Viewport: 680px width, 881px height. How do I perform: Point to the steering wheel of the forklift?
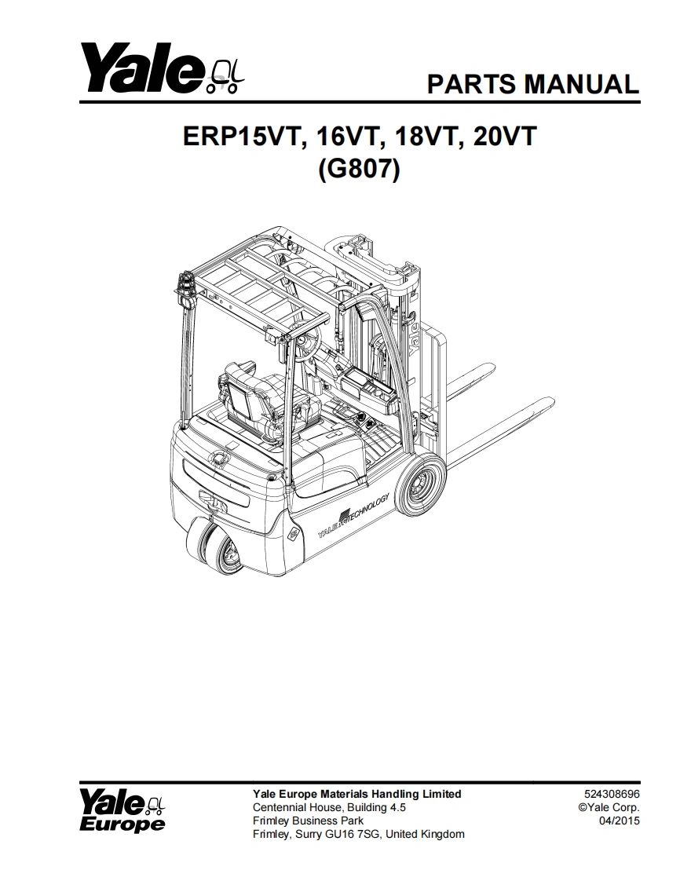(308, 342)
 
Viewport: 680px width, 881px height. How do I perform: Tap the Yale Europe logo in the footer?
(122, 811)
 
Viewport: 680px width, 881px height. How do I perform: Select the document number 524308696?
(612, 794)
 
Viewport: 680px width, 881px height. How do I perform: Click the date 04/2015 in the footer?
(620, 821)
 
